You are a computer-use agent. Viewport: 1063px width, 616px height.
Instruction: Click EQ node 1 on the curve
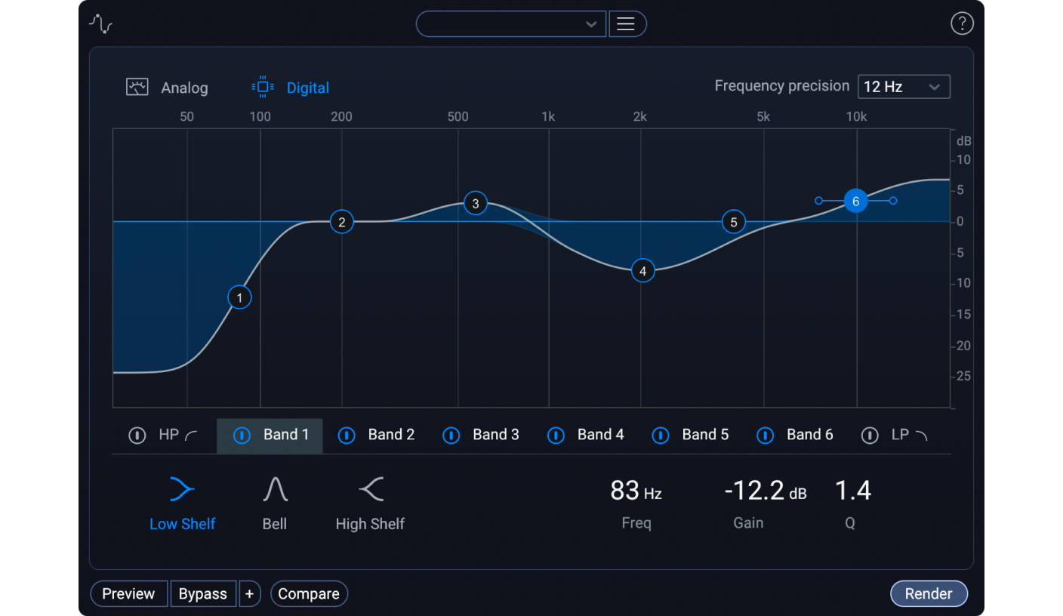click(239, 297)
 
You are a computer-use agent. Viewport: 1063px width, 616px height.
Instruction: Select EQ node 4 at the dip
click(642, 271)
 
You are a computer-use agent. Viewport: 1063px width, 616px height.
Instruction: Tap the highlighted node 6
click(855, 201)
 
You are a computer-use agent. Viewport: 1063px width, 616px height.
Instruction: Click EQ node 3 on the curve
click(475, 203)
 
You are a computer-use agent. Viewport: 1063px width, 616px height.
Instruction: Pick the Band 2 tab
click(390, 435)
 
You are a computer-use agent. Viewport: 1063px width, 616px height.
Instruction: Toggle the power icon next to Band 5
click(661, 436)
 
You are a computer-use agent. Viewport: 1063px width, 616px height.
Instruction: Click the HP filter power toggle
click(137, 436)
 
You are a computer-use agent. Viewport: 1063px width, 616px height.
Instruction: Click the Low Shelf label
click(182, 524)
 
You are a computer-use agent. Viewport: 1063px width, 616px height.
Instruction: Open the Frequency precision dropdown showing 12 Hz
click(903, 87)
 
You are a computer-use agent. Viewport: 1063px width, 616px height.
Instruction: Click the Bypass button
click(202, 594)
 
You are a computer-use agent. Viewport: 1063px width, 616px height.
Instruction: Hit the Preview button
click(128, 594)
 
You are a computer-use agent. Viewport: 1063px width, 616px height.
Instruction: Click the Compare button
click(309, 594)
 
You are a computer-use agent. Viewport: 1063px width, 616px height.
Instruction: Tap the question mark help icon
click(961, 24)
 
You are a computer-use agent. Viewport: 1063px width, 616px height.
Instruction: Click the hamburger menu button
click(626, 24)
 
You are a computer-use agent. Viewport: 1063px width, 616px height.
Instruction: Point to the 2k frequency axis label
click(639, 116)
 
